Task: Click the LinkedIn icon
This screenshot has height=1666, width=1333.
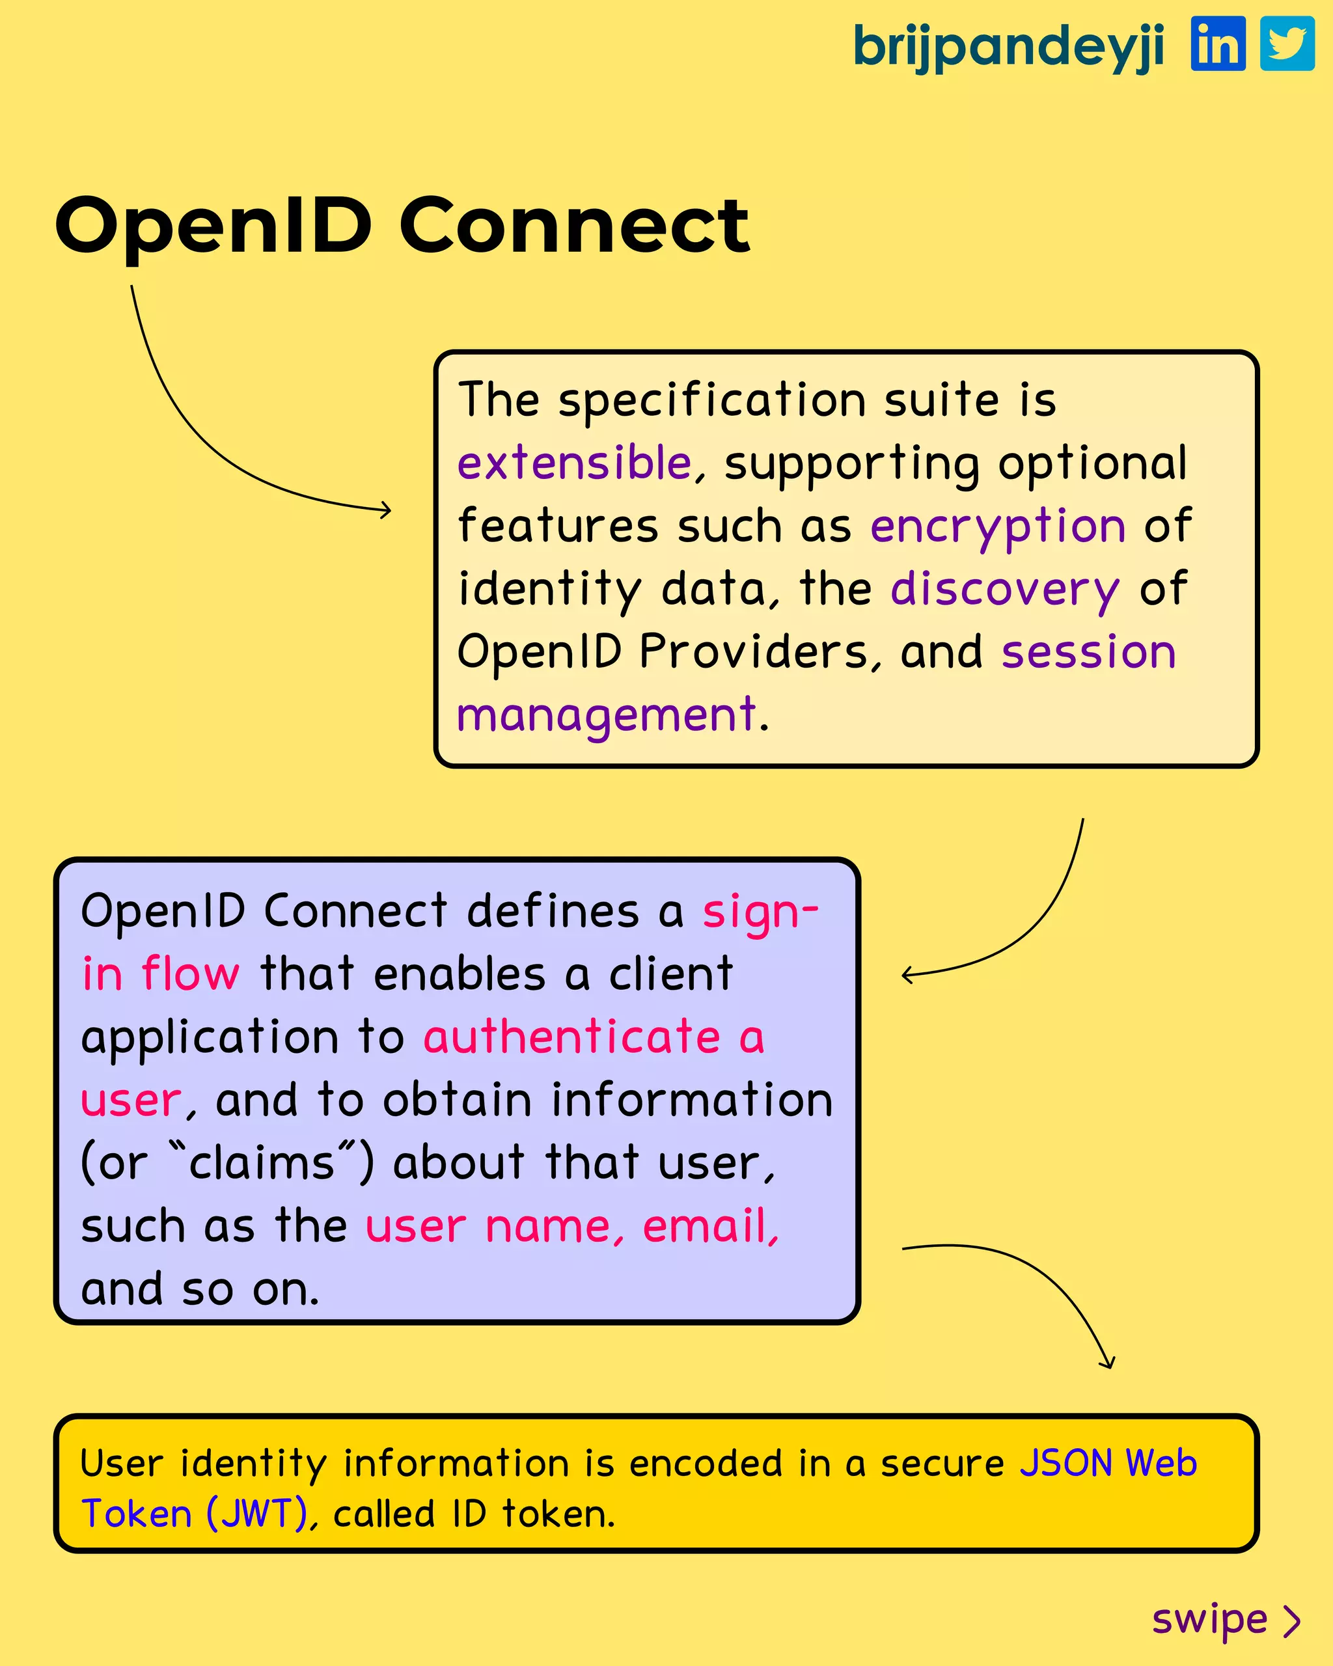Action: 1218,44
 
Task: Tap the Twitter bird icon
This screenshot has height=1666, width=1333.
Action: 1287,44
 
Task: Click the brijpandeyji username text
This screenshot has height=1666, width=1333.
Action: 1008,46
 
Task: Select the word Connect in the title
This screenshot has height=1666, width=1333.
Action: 573,226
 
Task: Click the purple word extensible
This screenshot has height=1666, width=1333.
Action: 574,463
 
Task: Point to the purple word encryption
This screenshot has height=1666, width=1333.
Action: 998,526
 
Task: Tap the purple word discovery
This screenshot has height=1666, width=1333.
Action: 1004,589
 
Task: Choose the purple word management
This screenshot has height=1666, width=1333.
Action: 606,714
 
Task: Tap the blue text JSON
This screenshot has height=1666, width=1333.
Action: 1065,1464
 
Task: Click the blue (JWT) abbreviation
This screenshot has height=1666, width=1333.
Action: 256,1514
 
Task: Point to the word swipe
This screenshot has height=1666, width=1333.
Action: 1209,1620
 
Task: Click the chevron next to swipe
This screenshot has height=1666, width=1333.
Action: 1291,1621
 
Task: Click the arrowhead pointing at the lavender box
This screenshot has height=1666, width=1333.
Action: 907,975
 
